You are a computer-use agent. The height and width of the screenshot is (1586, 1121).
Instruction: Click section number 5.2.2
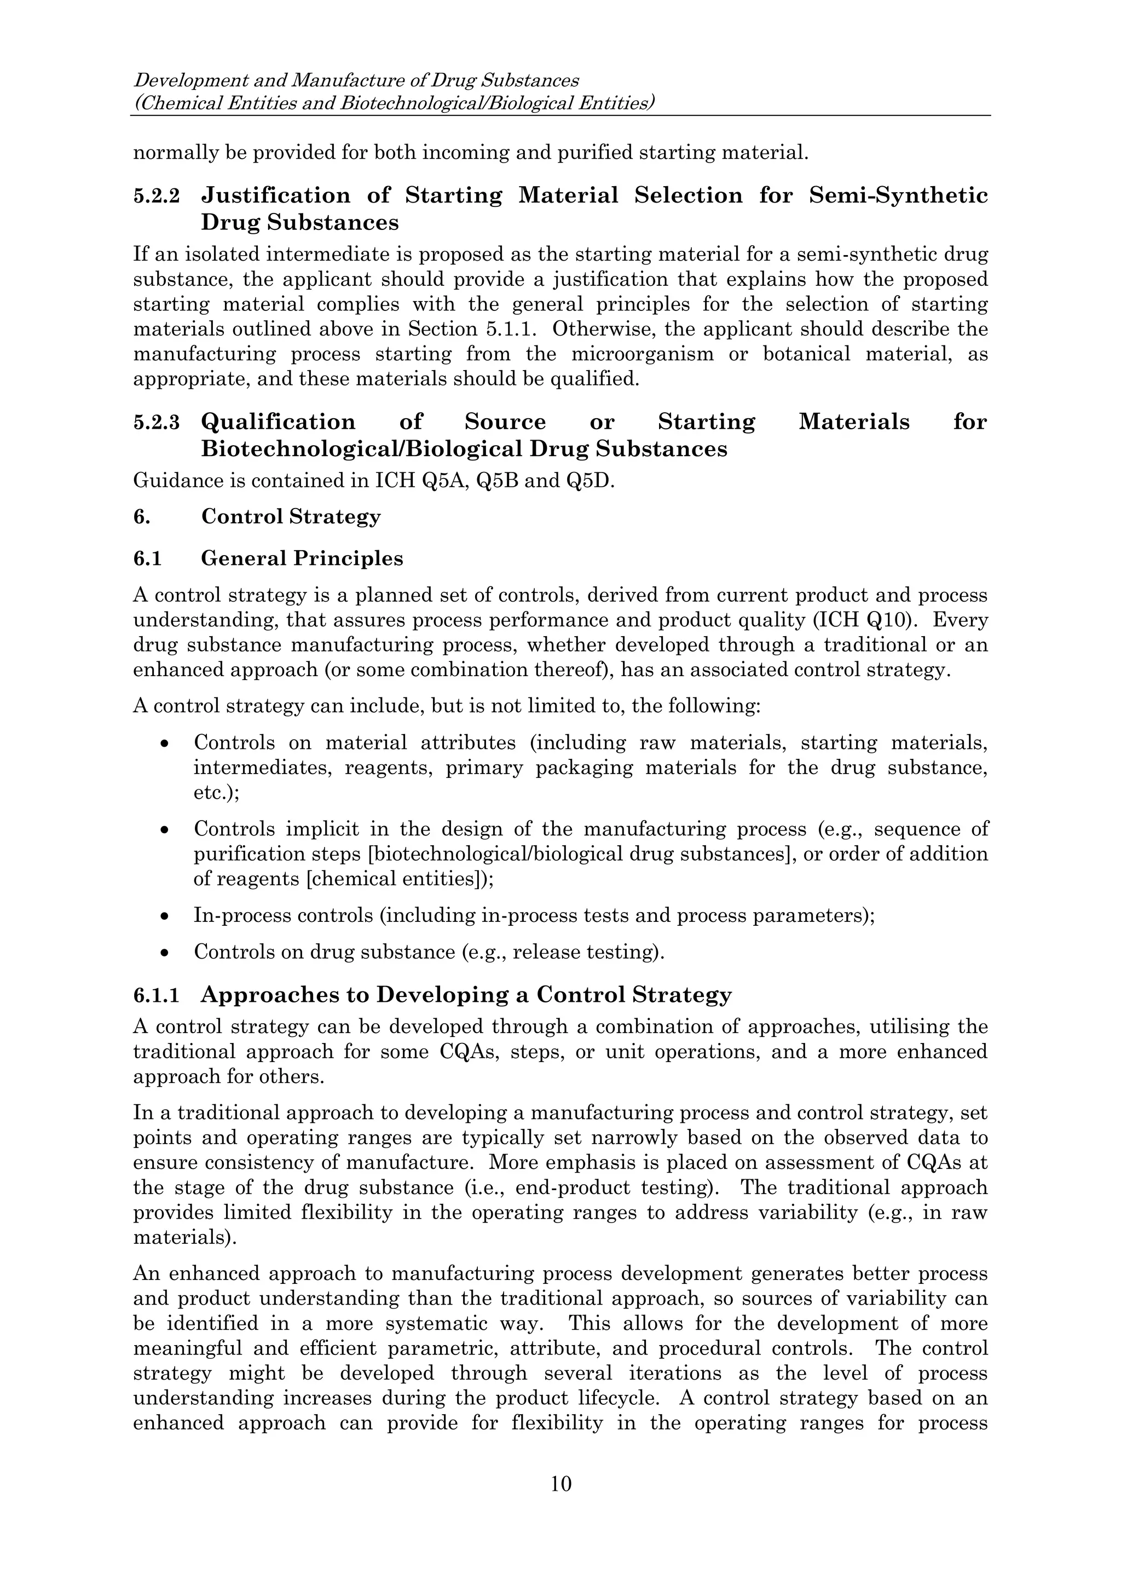coord(156,196)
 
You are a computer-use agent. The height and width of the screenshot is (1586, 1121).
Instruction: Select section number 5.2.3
coord(156,423)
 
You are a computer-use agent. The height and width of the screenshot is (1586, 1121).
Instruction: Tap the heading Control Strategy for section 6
coord(291,517)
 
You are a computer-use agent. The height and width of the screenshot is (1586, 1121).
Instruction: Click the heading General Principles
coord(302,558)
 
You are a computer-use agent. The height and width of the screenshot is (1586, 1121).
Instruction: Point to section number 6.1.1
coord(156,995)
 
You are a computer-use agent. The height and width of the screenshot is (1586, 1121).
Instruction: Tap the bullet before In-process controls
coord(164,916)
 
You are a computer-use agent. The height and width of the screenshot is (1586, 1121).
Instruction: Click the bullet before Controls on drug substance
coord(164,953)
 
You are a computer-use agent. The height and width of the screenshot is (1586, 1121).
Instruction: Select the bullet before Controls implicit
coord(164,829)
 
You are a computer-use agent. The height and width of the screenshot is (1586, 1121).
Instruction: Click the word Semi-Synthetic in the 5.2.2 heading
coord(898,195)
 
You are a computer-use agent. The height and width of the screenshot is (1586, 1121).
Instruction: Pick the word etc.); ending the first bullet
coord(216,792)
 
